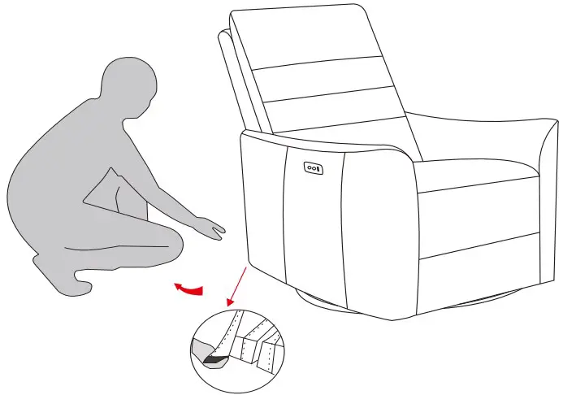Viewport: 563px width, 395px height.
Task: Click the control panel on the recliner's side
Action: (x=313, y=168)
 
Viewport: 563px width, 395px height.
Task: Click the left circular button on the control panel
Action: (x=309, y=168)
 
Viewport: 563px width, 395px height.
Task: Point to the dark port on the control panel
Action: (x=318, y=168)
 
